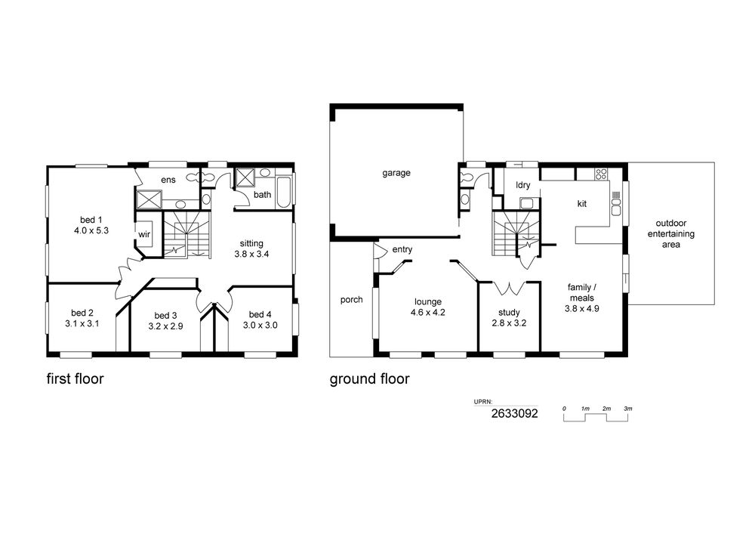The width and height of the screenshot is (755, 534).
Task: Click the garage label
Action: pos(396,173)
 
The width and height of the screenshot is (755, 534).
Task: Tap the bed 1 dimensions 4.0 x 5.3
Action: pos(91,230)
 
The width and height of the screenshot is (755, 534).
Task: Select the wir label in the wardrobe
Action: pos(144,234)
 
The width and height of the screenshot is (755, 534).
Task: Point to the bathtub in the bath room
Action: pos(284,193)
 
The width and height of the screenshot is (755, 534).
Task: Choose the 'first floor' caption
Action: pos(75,378)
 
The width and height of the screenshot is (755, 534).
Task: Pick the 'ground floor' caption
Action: pos(369,379)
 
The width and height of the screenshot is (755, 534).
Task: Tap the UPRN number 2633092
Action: pos(514,413)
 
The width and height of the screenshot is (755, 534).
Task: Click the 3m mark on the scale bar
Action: pos(628,409)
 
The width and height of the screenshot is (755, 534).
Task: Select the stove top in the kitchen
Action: pos(600,174)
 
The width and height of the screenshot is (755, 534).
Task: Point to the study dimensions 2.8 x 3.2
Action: pos(509,323)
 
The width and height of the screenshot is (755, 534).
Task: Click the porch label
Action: pos(352,300)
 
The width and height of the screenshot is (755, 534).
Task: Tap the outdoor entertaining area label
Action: pos(670,234)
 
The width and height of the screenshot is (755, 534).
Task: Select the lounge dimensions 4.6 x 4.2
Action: pos(427,313)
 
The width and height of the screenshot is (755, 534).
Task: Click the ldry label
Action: pos(523,185)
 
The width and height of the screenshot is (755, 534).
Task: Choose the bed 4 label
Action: pos(260,315)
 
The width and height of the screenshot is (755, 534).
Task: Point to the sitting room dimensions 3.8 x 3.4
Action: pos(251,255)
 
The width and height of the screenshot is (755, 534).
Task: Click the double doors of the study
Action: pos(509,288)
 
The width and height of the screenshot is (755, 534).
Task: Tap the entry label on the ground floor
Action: pos(402,250)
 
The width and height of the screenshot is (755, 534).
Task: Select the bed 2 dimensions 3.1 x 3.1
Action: pos(82,324)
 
